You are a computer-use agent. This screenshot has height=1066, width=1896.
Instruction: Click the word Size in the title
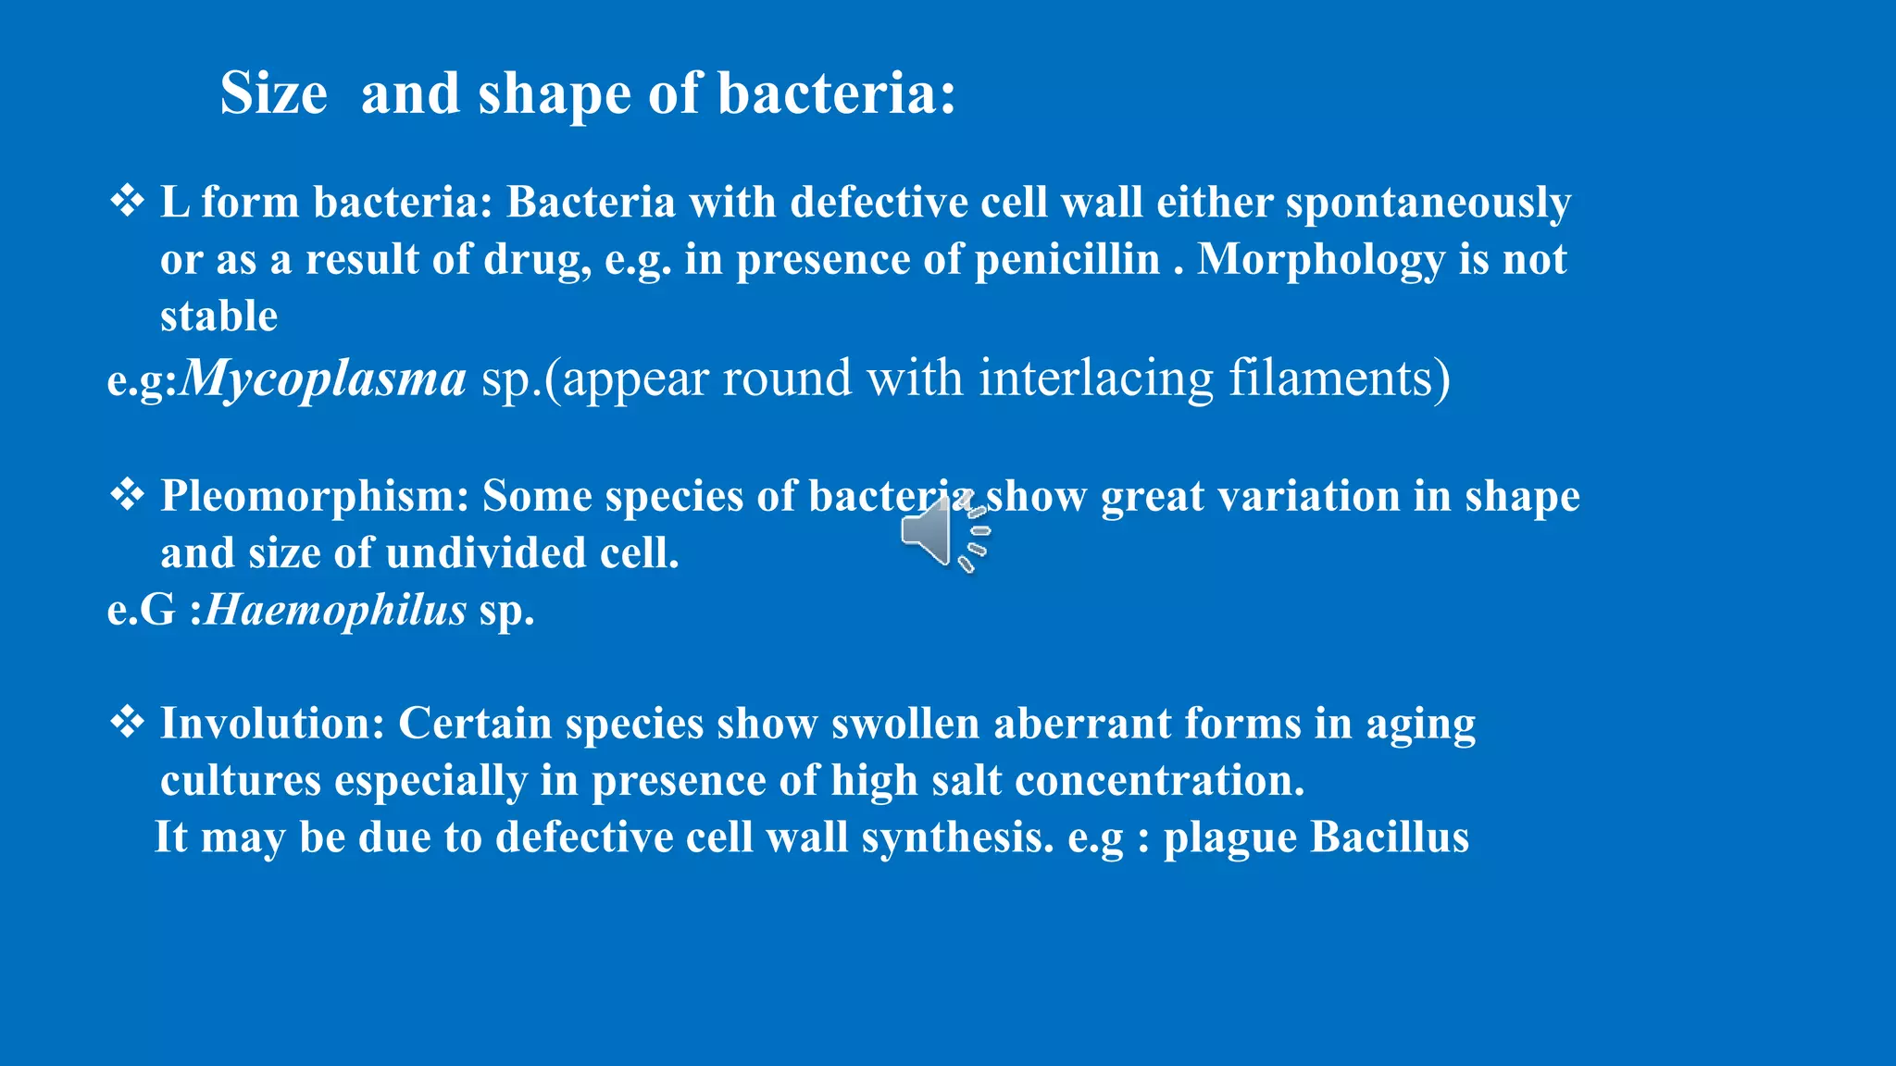(273, 93)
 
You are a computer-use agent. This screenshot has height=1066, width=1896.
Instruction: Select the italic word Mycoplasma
(323, 378)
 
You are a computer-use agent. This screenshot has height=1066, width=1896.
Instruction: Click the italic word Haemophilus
(335, 610)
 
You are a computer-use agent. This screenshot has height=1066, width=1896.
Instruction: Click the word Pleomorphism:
(315, 497)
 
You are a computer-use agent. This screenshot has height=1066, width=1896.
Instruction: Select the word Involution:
(272, 724)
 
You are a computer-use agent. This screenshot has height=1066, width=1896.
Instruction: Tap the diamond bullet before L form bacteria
(127, 201)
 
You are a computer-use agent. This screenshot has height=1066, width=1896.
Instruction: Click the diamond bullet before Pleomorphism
(127, 495)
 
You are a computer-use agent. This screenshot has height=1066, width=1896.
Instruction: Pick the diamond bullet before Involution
(127, 722)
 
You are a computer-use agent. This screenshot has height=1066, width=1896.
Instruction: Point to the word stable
(218, 316)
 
